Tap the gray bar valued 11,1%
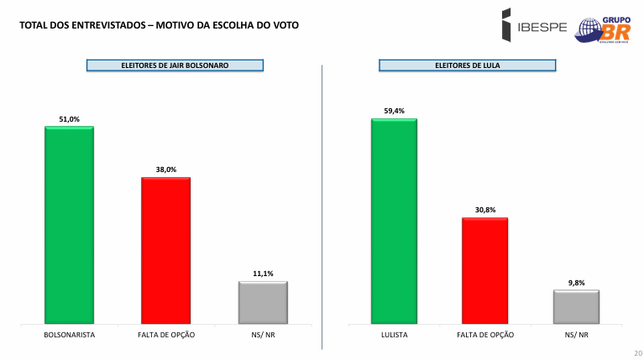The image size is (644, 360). coord(263,302)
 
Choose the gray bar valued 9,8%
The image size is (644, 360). coord(576,306)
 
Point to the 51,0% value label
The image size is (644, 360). coord(69,119)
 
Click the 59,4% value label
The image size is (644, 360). coord(394,111)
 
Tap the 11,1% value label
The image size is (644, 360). coord(263,274)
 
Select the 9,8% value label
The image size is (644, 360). coord(576,283)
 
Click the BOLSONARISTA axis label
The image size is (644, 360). coord(69,335)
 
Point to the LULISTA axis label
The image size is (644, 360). coord(394,335)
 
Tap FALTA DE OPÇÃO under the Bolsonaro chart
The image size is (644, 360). coord(165,335)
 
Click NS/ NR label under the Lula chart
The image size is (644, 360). coord(576,335)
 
